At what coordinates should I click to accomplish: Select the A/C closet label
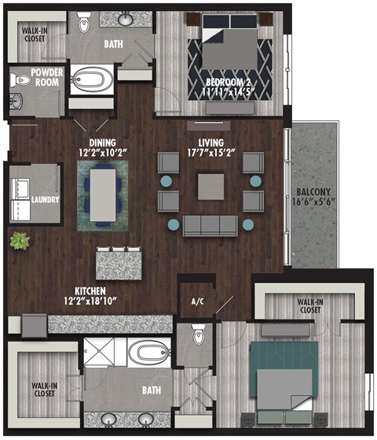click(x=197, y=300)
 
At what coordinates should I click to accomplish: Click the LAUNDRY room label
click(x=46, y=199)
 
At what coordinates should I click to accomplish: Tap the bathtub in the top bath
click(x=93, y=80)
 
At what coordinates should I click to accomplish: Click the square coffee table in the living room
click(x=210, y=187)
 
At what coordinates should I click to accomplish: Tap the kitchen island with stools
click(x=119, y=261)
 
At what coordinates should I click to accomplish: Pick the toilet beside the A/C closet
click(x=198, y=335)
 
